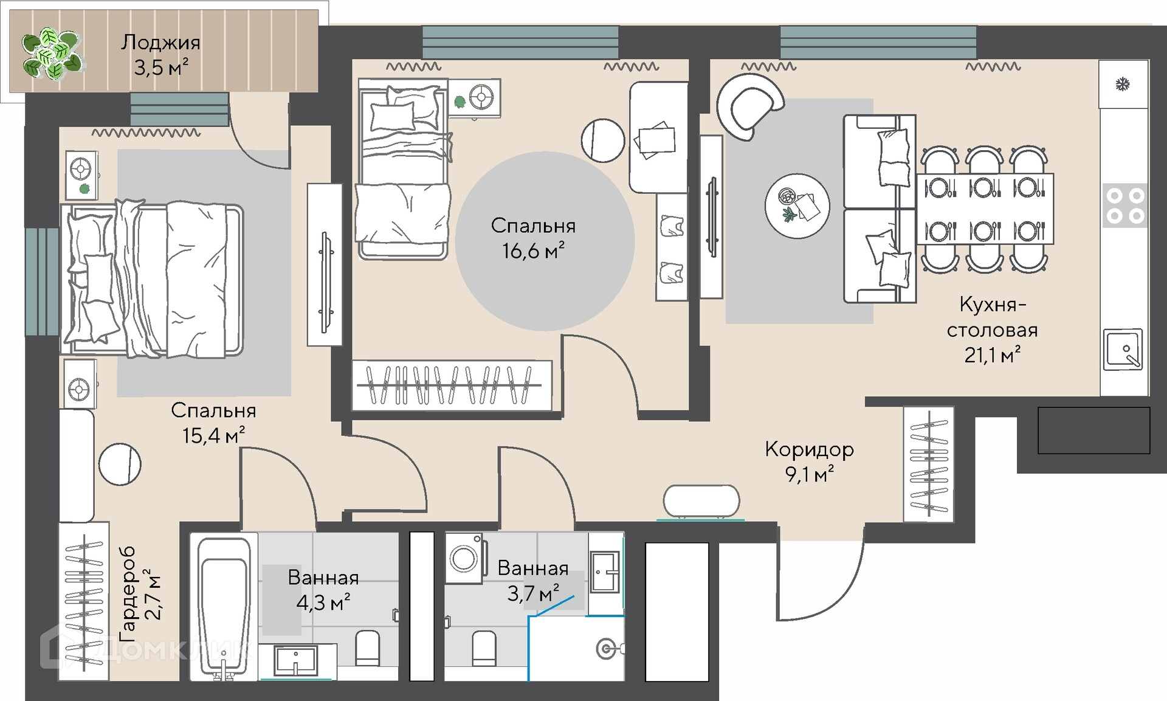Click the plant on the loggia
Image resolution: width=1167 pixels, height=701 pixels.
[x=51, y=54]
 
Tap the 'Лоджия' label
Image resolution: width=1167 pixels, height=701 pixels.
[x=160, y=43]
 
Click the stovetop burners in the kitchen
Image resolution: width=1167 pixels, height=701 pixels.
[x=1124, y=205]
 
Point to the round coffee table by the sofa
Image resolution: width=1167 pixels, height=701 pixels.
[x=797, y=205]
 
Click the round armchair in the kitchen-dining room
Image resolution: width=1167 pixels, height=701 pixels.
[x=750, y=106]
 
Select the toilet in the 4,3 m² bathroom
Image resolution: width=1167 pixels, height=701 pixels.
[x=367, y=648]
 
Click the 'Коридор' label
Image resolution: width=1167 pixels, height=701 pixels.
[x=809, y=449]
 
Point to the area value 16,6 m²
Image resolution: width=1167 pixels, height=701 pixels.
[x=533, y=250]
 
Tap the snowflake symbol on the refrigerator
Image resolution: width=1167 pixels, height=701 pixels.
[x=1122, y=85]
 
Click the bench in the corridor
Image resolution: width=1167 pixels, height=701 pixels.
[x=701, y=502]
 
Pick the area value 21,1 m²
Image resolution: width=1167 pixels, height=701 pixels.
[x=992, y=355]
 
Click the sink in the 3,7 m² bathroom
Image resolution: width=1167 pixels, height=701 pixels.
[x=605, y=572]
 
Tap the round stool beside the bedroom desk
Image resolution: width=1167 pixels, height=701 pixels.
[x=603, y=140]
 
